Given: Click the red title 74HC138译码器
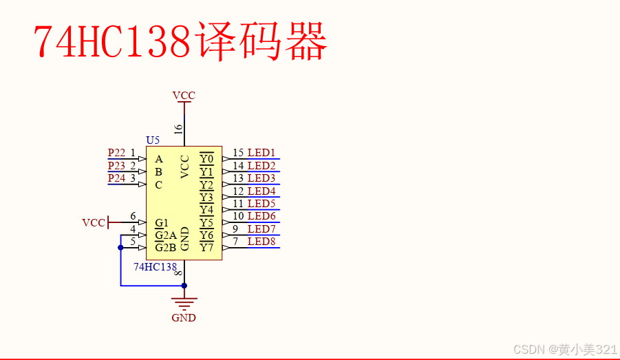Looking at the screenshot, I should click(180, 42).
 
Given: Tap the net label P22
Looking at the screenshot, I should click(116, 153).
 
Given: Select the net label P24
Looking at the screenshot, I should click(116, 178).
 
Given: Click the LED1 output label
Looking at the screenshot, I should click(261, 153).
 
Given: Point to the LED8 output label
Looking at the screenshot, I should click(261, 242).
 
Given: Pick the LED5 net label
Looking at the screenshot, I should click(261, 204).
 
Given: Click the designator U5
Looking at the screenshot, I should click(153, 140).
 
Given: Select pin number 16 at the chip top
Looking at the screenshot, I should click(178, 129).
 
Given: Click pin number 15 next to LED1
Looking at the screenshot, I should click(238, 153).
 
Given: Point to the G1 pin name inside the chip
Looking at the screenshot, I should click(162, 223).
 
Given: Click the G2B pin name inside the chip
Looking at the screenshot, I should click(166, 248).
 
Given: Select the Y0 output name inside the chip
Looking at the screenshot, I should click(206, 159).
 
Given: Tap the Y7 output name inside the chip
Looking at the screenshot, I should click(206, 248).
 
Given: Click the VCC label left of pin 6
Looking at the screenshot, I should click(94, 223).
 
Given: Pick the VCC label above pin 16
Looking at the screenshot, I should click(184, 96).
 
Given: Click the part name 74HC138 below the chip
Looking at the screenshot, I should click(155, 267).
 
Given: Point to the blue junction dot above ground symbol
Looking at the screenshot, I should click(184, 285).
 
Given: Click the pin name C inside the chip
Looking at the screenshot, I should click(159, 184).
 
